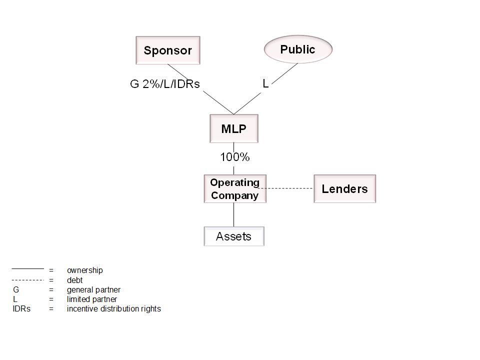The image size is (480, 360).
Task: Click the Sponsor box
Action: point(168,50)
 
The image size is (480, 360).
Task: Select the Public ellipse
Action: point(297,49)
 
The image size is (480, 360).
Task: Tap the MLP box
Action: point(234,128)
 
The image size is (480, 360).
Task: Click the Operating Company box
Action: point(234,188)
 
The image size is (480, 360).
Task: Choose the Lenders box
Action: point(344,188)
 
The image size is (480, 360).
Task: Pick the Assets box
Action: point(233,236)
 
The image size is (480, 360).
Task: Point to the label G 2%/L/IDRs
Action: point(165,84)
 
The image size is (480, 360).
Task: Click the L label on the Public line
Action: point(265,84)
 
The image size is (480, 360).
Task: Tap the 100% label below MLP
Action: point(235,157)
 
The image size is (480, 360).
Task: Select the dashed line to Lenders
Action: point(290,188)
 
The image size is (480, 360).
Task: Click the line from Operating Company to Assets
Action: point(234,214)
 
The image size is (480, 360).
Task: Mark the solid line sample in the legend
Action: point(28,268)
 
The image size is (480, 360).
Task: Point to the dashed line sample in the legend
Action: point(28,279)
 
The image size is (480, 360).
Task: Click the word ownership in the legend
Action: point(85,270)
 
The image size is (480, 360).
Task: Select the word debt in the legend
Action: point(75,280)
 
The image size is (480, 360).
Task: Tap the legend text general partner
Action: point(93,290)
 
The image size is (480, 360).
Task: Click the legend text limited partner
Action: point(92,299)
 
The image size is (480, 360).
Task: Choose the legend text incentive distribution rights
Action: point(114,309)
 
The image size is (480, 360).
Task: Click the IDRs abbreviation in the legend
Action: point(21,309)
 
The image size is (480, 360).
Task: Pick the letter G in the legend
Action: point(15,290)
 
